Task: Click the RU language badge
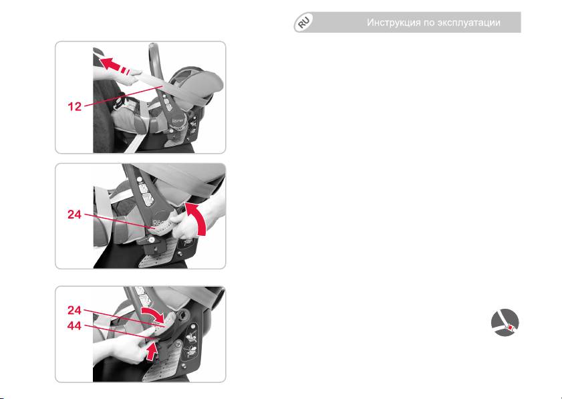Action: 303,23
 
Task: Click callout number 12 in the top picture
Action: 75,106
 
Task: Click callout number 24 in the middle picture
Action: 75,215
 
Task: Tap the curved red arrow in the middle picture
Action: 196,218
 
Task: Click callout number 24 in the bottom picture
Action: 75,310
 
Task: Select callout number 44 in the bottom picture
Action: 75,326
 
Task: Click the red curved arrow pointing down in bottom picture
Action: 155,312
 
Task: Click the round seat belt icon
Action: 505,322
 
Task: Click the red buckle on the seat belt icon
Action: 510,327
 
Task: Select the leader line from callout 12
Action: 124,96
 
